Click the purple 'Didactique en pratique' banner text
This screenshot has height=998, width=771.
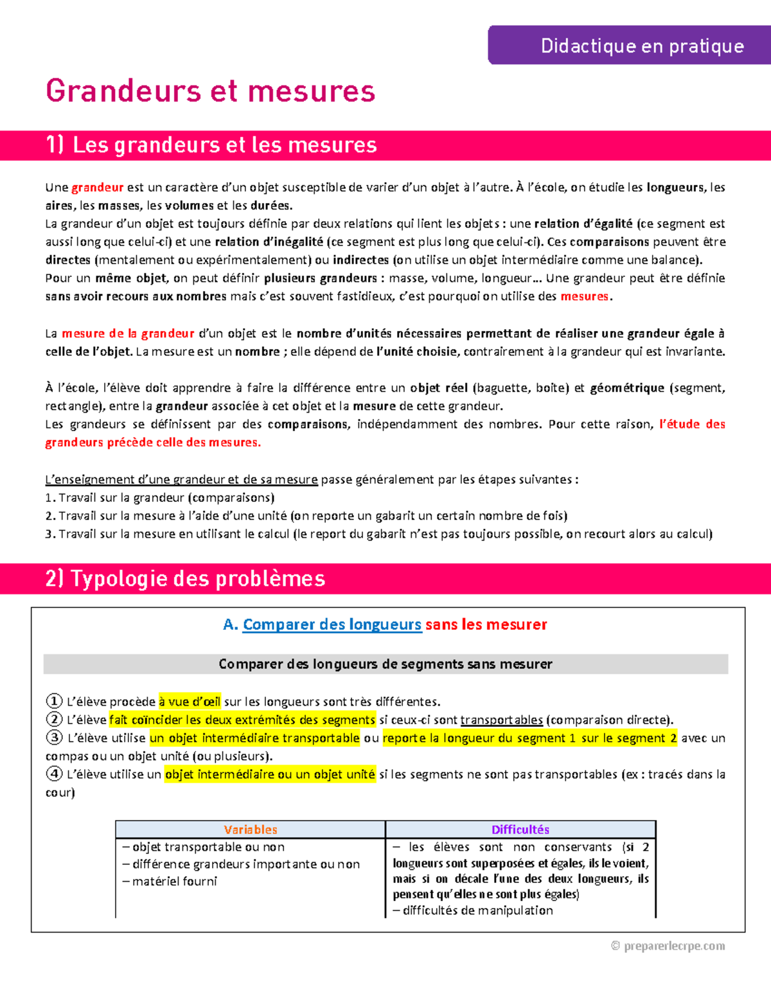(x=642, y=46)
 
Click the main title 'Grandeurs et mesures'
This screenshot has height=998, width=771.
(x=210, y=91)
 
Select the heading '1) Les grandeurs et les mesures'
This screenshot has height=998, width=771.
(x=211, y=145)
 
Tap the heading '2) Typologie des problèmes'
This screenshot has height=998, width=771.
(x=185, y=578)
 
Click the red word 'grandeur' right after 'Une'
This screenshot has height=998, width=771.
(x=97, y=188)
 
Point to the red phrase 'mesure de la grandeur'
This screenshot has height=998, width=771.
(x=128, y=334)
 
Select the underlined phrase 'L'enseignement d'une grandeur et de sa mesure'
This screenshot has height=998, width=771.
(x=181, y=479)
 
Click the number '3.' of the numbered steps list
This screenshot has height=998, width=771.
(x=50, y=534)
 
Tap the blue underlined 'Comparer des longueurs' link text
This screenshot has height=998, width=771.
(x=332, y=625)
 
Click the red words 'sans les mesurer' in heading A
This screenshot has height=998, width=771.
(x=486, y=625)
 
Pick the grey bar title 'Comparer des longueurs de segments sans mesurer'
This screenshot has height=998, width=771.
(x=385, y=664)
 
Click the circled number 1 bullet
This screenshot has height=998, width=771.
(x=54, y=701)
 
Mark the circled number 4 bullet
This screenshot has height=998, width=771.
(x=54, y=774)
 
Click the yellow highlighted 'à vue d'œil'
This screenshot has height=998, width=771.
(x=190, y=702)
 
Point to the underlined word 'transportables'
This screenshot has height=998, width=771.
(x=501, y=720)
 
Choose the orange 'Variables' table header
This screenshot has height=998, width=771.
(x=250, y=830)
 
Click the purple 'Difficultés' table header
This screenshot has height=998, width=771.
(x=520, y=830)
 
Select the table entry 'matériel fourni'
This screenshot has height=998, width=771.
(x=174, y=881)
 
